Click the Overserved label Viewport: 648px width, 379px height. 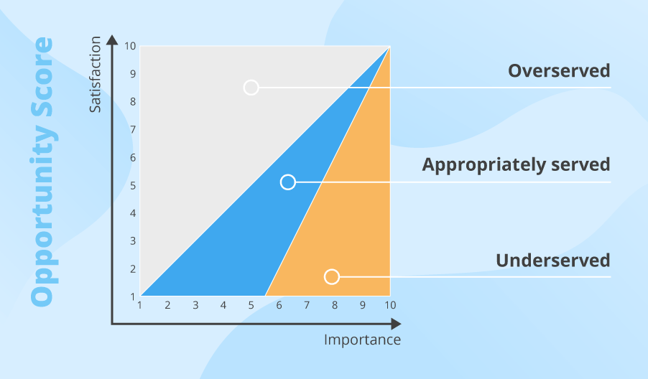[x=559, y=70]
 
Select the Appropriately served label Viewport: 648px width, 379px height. [x=516, y=164]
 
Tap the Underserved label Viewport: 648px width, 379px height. [x=553, y=261]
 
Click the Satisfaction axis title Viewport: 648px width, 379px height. [x=95, y=75]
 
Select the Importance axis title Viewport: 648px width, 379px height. [x=362, y=340]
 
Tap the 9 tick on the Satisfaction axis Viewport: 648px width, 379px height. [x=133, y=74]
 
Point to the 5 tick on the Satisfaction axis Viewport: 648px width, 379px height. [x=133, y=185]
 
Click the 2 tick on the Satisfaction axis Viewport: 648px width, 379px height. [x=133, y=269]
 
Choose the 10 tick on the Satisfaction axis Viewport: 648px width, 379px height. [x=130, y=46]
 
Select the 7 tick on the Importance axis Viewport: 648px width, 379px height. [x=307, y=305]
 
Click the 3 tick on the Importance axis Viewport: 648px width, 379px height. [x=195, y=305]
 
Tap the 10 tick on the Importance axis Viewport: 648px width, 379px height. [x=391, y=305]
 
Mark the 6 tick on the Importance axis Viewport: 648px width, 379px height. [x=279, y=305]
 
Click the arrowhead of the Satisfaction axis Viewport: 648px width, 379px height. [x=112, y=39]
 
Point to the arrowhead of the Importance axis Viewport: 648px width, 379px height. [x=396, y=324]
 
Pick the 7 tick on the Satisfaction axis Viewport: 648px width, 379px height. [x=133, y=130]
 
